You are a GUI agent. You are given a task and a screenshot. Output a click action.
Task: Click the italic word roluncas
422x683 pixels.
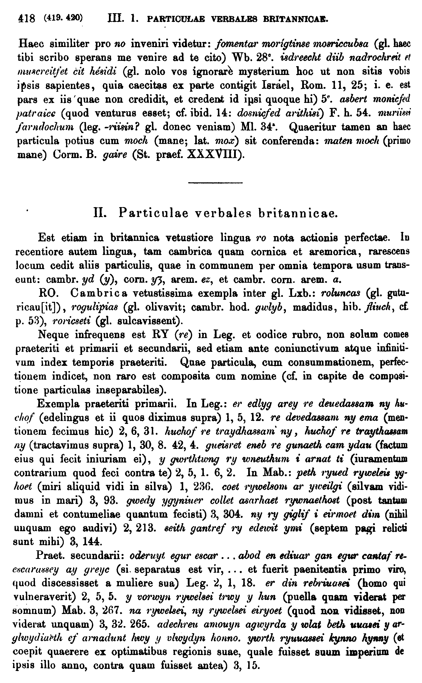(340, 293)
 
